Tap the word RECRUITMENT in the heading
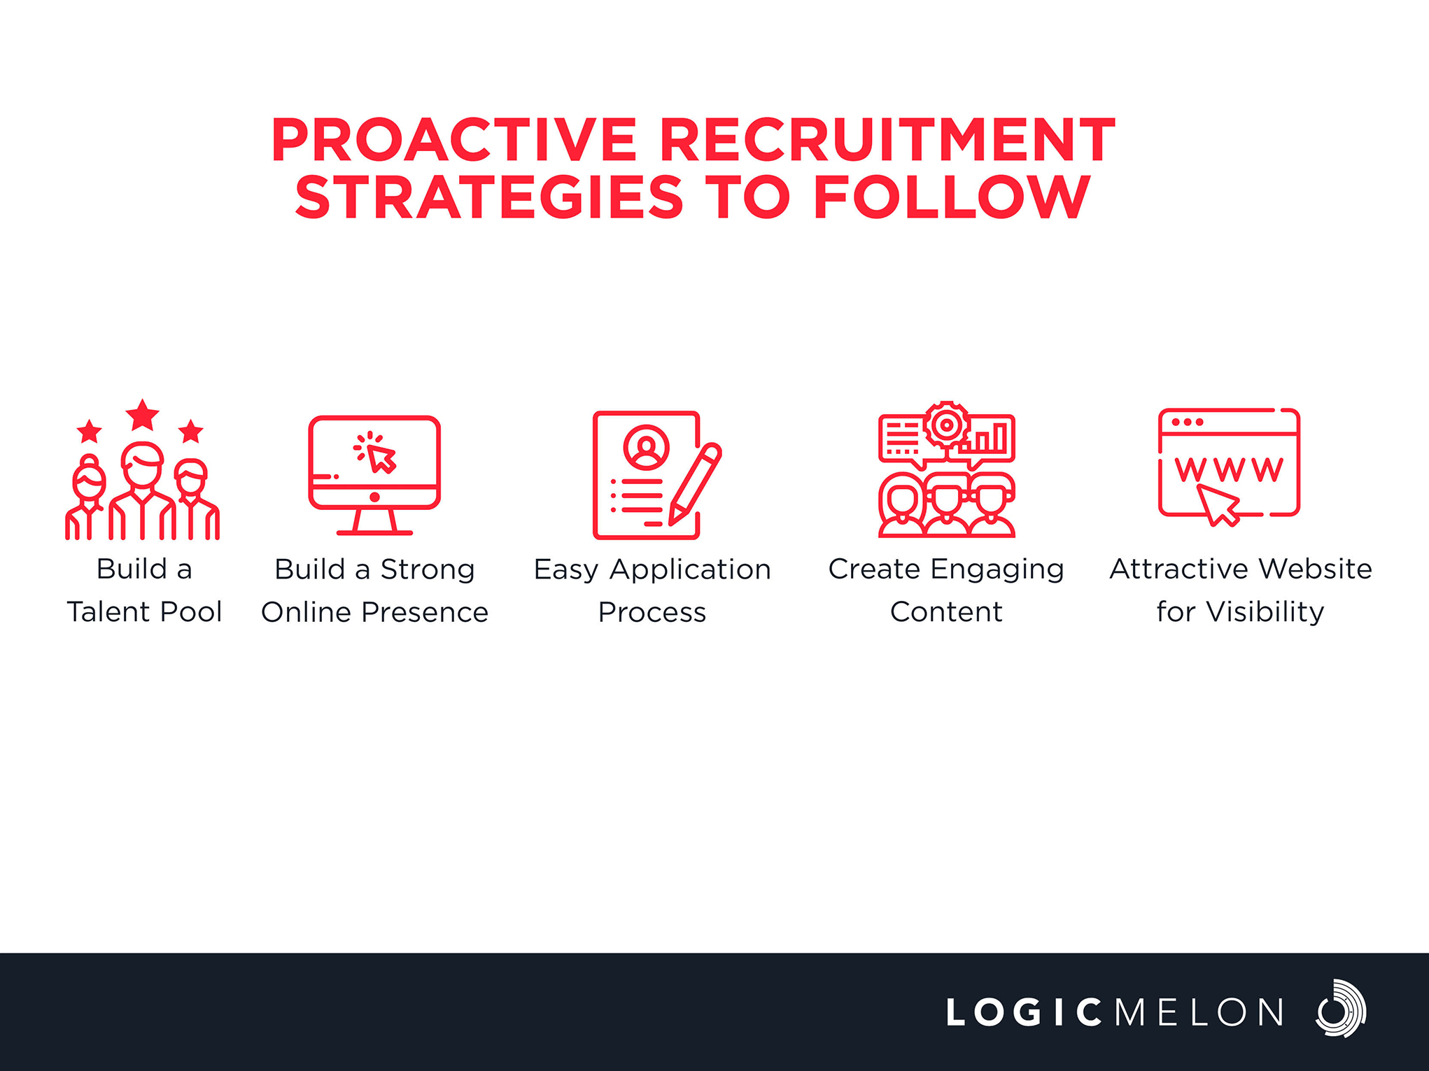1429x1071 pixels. pos(887,140)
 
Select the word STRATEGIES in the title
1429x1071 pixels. pos(489,197)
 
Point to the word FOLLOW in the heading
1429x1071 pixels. pos(952,197)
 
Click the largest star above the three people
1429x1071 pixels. pos(143,415)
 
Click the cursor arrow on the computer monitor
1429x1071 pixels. pos(381,458)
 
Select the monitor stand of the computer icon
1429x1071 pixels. pos(374,522)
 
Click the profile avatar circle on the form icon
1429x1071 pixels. pos(646,447)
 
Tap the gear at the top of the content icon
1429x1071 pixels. pos(946,424)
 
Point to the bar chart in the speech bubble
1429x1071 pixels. pos(987,437)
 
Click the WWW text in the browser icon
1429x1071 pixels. pos(1229,469)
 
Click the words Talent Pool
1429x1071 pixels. pos(144,611)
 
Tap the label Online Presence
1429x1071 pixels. pos(374,612)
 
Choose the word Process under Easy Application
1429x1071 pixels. pos(652,612)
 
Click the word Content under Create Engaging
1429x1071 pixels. pos(946,612)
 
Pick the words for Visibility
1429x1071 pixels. pos(1240,612)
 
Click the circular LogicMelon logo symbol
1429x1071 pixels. pos(1340,1008)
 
